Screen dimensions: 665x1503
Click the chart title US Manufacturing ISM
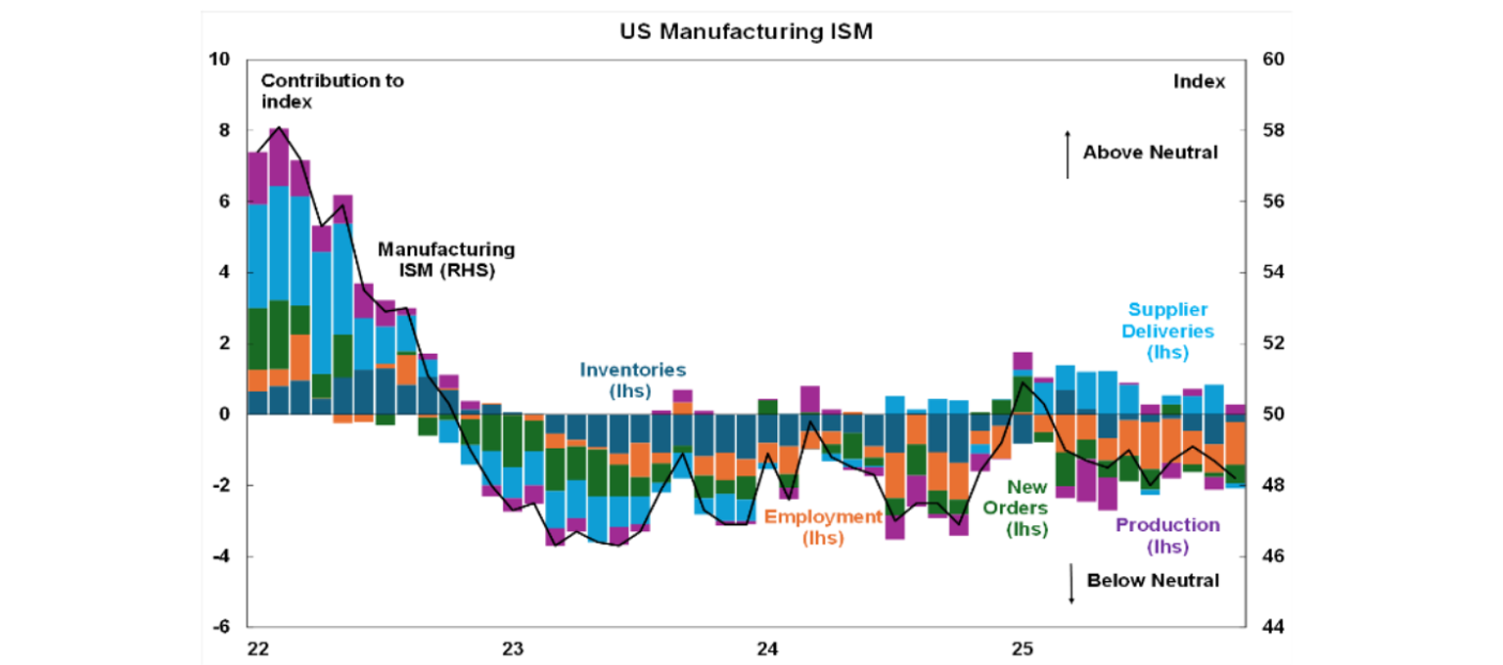click(746, 31)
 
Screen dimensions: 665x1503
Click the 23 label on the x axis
click(512, 648)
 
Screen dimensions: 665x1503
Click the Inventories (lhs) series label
click(633, 379)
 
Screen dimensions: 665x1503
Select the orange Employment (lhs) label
click(823, 527)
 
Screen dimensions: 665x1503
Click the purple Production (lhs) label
click(1168, 535)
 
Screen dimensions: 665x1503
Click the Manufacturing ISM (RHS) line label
click(446, 260)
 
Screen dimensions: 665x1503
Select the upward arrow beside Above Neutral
click(1068, 154)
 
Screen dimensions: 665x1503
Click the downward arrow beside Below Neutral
click(1071, 583)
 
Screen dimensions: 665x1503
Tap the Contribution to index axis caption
click(332, 91)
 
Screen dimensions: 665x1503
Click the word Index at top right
click(1199, 82)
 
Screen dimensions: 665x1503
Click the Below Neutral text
click(1153, 581)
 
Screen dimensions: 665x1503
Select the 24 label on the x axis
click(767, 648)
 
